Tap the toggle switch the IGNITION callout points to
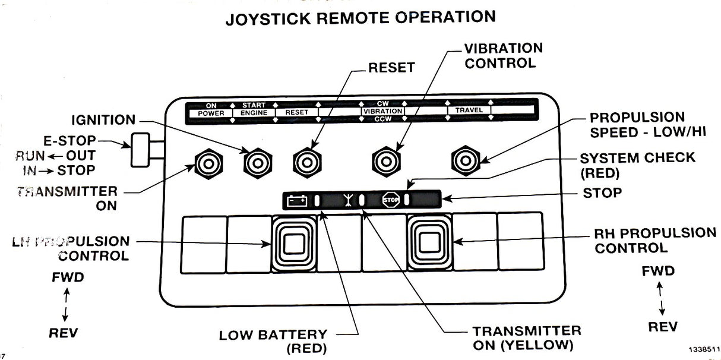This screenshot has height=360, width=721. [x=257, y=161]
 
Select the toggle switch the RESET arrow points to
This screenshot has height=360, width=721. [x=307, y=161]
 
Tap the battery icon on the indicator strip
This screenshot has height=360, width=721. [x=297, y=201]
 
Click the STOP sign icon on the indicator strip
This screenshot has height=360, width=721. [x=390, y=200]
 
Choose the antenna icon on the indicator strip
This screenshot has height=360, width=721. [x=346, y=201]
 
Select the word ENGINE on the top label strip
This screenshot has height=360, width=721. [x=254, y=112]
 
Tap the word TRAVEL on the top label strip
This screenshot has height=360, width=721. [x=469, y=110]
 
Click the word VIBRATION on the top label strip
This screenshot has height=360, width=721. [x=383, y=111]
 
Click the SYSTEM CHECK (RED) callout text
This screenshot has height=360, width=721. [x=637, y=165]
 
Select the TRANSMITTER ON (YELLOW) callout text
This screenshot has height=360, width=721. [x=526, y=337]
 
